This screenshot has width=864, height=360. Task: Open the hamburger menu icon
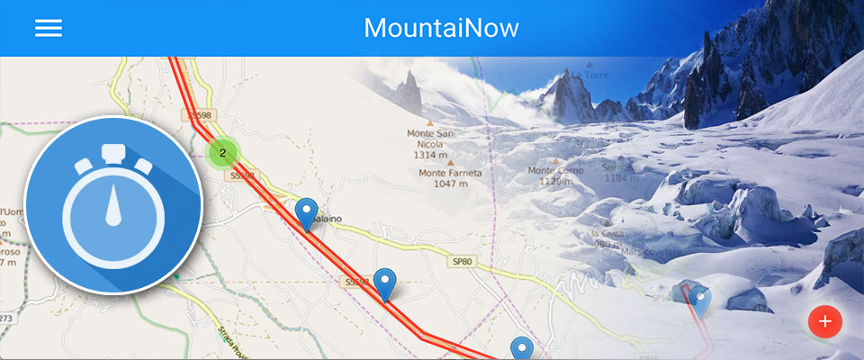(x=48, y=28)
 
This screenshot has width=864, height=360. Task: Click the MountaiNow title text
(x=441, y=28)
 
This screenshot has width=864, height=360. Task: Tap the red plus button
(x=824, y=321)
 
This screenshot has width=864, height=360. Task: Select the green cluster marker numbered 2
(x=222, y=153)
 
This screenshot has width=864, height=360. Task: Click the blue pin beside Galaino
(x=307, y=213)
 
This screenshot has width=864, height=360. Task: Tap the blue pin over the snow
(x=699, y=299)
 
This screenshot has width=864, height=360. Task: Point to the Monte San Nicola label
(x=430, y=139)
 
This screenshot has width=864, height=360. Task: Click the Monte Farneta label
(x=450, y=173)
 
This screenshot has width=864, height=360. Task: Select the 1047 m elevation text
(x=450, y=184)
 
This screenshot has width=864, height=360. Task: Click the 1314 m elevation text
(x=430, y=155)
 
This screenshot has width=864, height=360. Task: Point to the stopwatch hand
(x=112, y=208)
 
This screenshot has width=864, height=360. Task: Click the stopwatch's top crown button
(x=112, y=153)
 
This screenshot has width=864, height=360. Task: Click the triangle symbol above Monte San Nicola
(x=430, y=121)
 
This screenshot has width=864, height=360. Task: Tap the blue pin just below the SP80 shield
(x=385, y=283)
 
